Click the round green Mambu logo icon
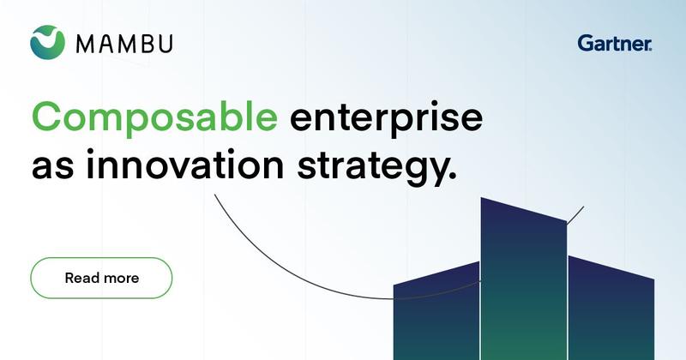47,43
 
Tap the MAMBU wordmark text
124,45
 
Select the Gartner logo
614,44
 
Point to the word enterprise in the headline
387,120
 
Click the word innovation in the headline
185,165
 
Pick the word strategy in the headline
372,168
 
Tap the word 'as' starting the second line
52,169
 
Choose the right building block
611,308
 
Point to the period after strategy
454,176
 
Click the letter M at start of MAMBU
86,45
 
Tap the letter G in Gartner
586,44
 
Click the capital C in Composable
46,116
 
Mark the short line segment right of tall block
575,215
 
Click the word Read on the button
81,278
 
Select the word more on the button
120,279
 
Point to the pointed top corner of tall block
481,198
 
